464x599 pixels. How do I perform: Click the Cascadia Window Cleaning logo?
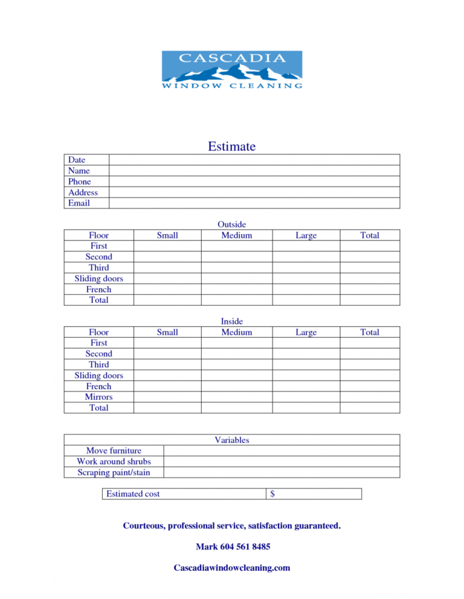232,70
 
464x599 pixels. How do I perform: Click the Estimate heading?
232,147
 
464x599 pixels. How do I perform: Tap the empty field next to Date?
254,160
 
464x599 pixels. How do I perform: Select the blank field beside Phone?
254,182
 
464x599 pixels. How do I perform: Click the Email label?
79,203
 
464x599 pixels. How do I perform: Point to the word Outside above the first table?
232,224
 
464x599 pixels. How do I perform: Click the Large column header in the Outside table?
306,235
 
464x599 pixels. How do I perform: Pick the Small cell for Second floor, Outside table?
167,257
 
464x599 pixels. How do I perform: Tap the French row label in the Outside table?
99,290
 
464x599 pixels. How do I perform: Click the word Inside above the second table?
232,322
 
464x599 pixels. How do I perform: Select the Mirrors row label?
99,397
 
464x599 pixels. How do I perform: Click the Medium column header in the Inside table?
236,332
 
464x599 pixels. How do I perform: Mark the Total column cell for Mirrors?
370,397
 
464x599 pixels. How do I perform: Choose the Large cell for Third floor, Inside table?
306,365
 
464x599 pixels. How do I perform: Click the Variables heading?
232,440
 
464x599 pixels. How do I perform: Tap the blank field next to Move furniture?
282,451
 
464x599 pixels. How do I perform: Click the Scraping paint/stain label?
114,472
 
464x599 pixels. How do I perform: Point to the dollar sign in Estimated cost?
273,494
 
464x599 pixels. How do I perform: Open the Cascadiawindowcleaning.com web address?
232,568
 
